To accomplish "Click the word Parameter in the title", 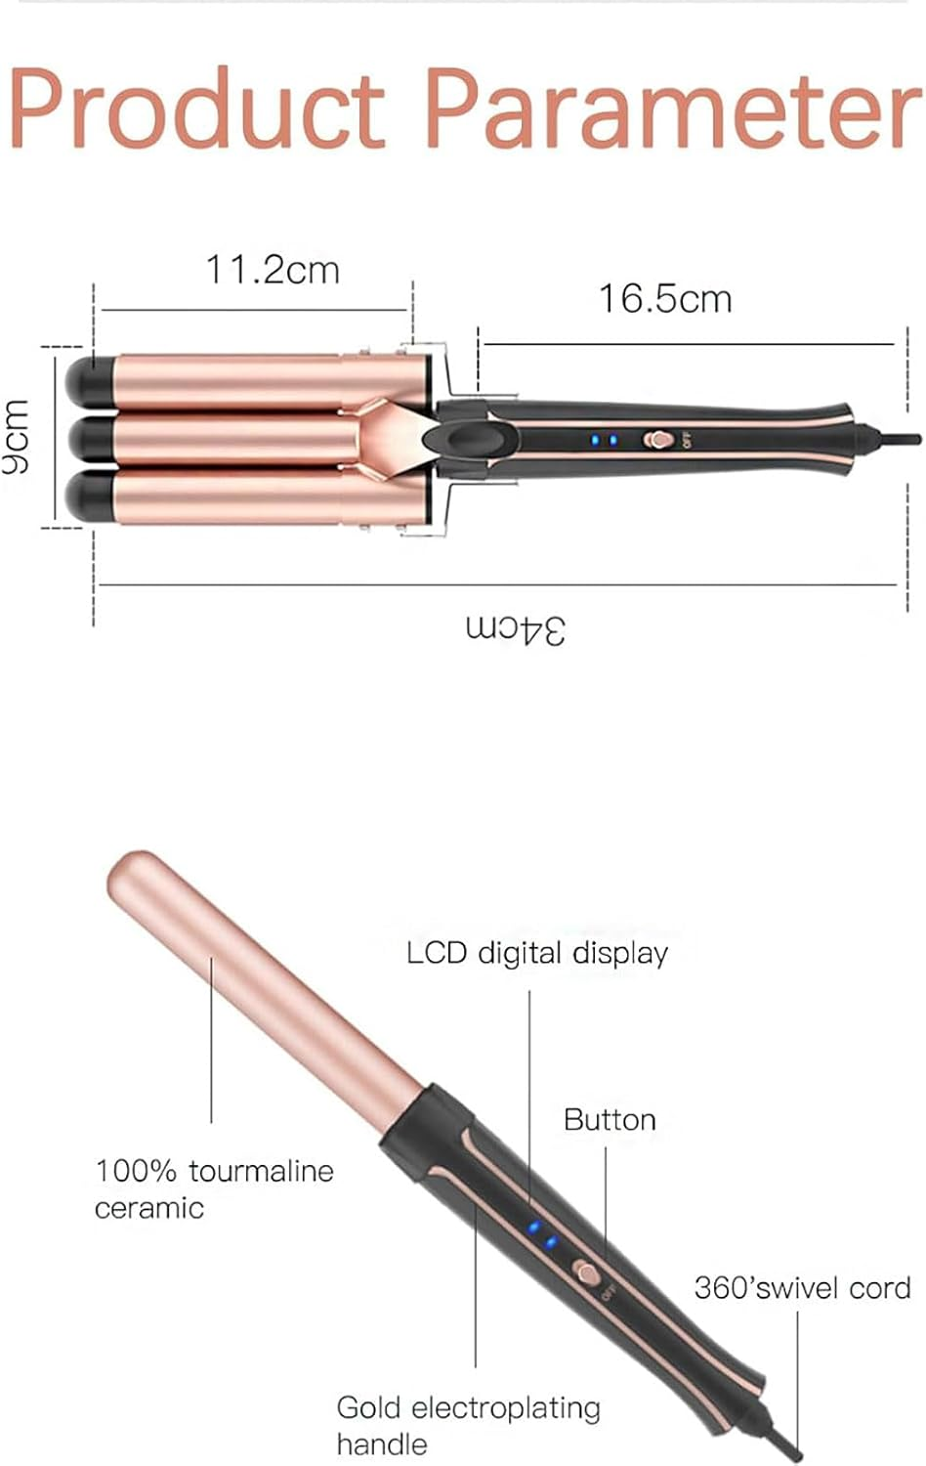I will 673,109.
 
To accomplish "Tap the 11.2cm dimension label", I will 272,270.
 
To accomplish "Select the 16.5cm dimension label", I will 664,299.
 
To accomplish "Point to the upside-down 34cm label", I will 515,628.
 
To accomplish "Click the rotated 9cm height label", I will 17,437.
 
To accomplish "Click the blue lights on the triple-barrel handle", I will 603,440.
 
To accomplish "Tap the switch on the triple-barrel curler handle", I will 659,440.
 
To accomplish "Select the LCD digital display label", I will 537,953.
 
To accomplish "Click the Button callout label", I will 610,1120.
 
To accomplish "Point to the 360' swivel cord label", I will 802,1288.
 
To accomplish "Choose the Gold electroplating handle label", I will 468,1425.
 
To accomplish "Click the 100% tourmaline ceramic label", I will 214,1188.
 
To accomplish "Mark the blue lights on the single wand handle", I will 542,1234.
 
